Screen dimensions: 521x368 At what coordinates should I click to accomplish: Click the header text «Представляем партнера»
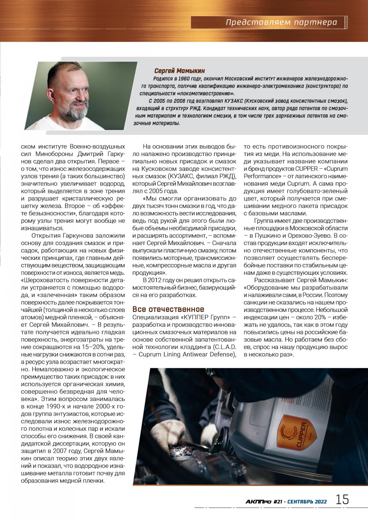281,22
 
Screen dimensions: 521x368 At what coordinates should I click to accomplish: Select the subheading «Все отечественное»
168,309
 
